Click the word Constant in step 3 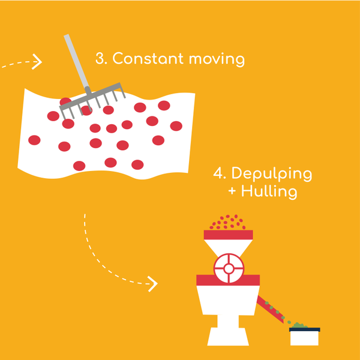click(146, 59)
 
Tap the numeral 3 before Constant click(101, 59)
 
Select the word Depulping click(271, 175)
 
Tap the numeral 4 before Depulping click(218, 174)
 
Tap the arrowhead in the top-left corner click(38, 62)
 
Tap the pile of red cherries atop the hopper click(228, 223)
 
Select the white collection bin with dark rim click(304, 337)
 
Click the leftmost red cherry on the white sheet click(34, 140)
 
